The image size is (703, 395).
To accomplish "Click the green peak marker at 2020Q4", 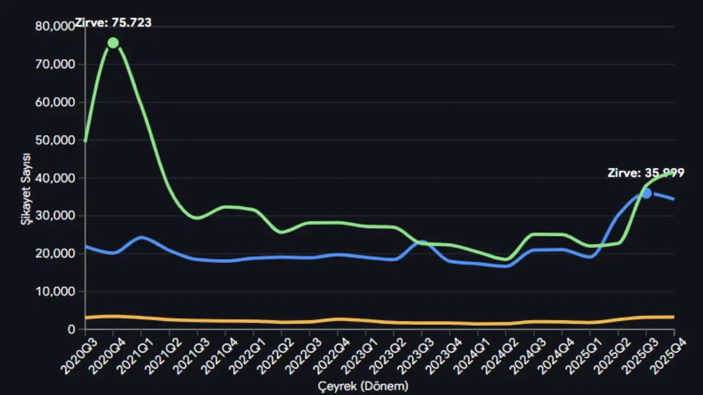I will [x=113, y=43].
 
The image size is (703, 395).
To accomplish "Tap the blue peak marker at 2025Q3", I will [x=646, y=193].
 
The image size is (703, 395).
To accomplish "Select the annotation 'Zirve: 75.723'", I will [x=113, y=23].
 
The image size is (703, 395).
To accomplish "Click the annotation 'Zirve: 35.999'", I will [x=646, y=173].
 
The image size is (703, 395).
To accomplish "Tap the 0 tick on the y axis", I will [x=71, y=329].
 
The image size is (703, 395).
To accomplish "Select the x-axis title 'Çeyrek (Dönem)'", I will [x=364, y=386].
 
